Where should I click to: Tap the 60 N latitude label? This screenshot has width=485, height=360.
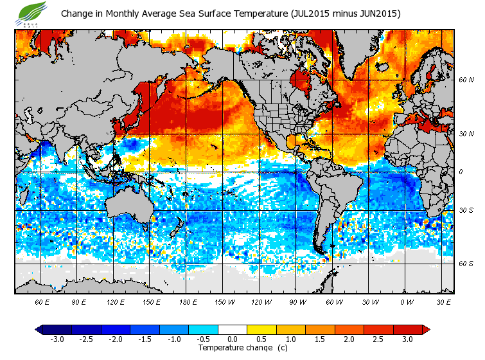466,80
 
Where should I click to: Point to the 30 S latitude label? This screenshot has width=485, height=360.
466,211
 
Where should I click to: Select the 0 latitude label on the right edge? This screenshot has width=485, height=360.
460,172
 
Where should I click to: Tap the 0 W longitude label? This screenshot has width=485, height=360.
407,301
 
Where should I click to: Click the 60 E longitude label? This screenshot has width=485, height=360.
42,301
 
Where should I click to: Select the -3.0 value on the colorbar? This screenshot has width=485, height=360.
58,339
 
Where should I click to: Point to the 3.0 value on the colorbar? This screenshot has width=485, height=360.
408,339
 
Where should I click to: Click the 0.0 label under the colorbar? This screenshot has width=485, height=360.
233,339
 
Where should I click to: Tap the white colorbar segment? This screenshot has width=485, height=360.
233,330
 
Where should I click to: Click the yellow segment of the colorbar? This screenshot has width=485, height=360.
261,330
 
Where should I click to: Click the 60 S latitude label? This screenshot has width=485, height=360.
466,264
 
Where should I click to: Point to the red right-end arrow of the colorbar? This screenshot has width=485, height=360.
426,330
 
